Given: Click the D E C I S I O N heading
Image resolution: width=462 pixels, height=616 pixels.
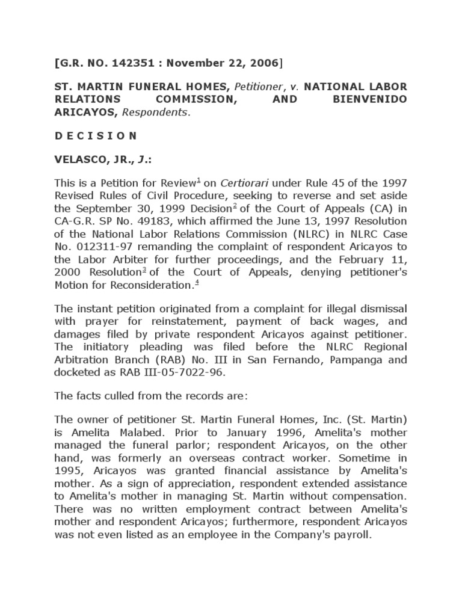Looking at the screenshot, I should (x=96, y=135).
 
